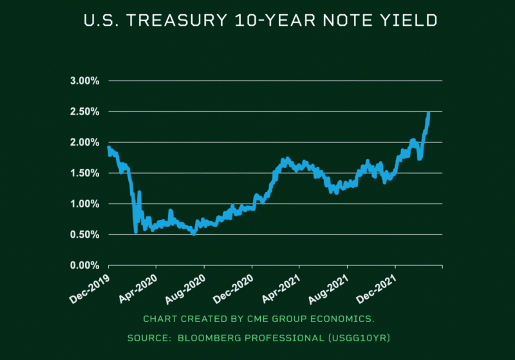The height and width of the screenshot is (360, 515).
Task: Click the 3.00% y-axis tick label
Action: point(84,81)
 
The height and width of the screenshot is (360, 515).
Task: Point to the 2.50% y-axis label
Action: point(84,112)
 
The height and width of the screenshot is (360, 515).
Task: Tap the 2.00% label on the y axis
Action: point(84,142)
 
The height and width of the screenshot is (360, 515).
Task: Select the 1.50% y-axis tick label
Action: point(84,173)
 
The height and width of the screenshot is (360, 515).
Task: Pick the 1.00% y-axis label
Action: point(84,204)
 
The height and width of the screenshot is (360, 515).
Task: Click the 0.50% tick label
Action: point(84,234)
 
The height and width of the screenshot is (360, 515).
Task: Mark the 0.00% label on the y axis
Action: point(84,265)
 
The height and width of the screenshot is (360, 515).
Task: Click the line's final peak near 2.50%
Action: point(428,114)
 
